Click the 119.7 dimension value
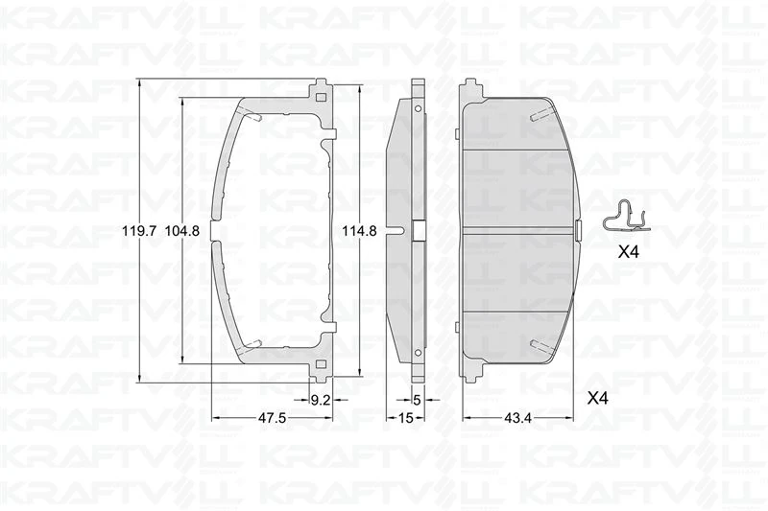tap(138, 231)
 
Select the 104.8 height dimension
tap(181, 231)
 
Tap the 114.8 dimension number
tap(360, 231)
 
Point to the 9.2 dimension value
tap(321, 401)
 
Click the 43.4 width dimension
tap(519, 418)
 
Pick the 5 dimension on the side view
tap(417, 401)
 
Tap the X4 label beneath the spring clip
tap(628, 253)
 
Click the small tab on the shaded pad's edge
tap(578, 230)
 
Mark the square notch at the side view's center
tap(418, 230)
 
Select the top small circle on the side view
tap(418, 108)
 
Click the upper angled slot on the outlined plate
tap(253, 117)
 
